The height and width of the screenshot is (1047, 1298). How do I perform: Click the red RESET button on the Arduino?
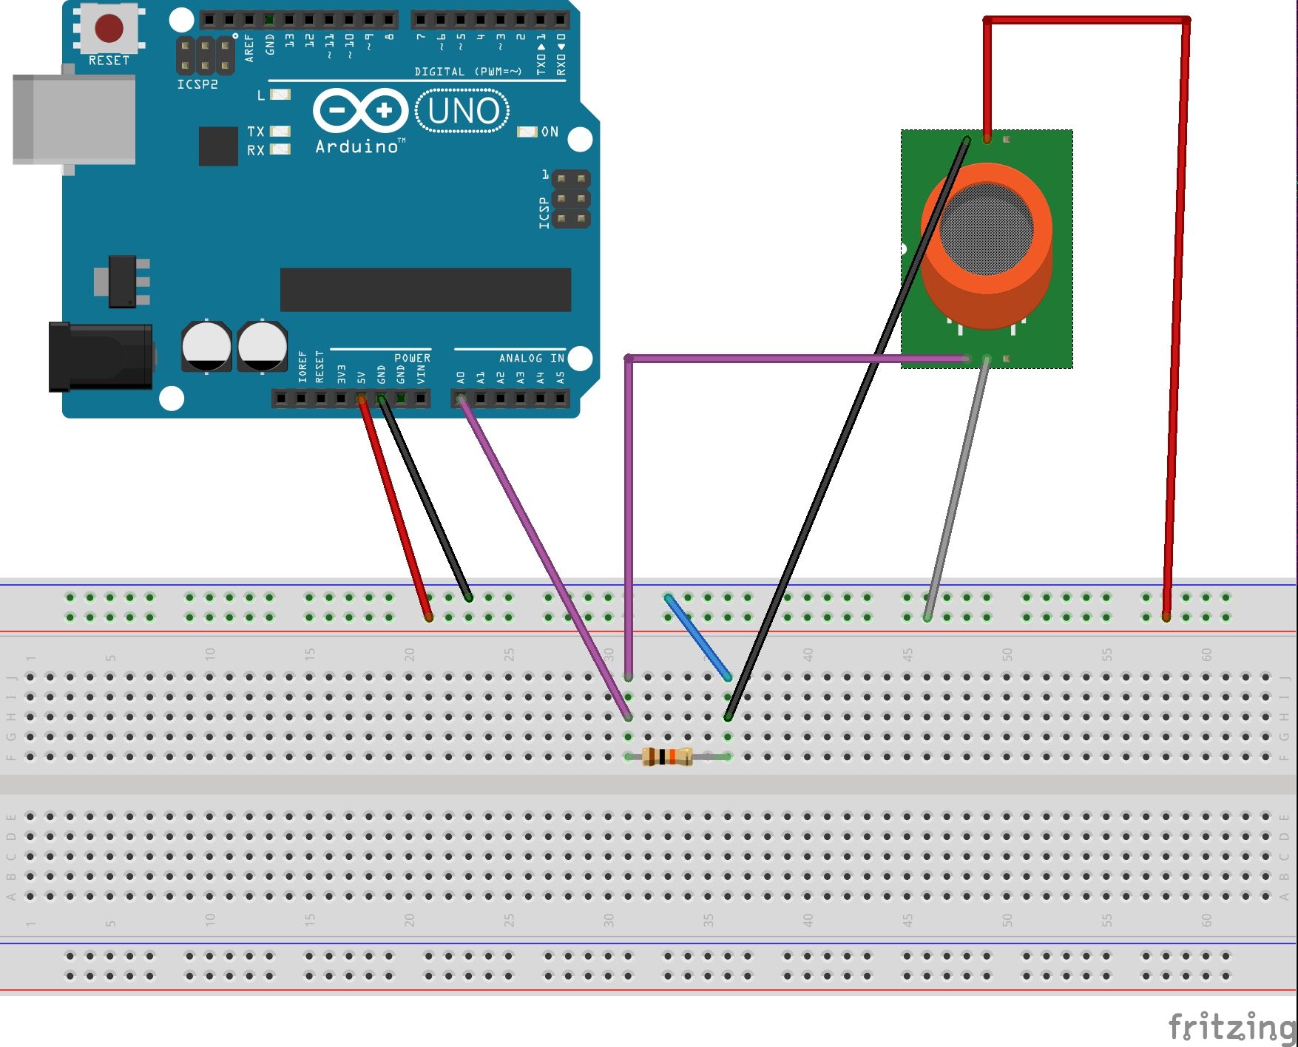[109, 28]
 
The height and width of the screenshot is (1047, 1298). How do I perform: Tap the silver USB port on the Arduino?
[74, 118]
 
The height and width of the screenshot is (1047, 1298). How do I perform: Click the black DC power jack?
[100, 356]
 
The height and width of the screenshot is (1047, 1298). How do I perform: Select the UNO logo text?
[463, 111]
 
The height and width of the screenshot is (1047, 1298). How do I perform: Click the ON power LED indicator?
[527, 132]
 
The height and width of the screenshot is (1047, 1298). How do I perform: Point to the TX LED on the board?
[280, 131]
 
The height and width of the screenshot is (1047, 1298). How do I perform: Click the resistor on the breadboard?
[667, 756]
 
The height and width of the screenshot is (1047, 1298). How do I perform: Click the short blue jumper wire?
[698, 637]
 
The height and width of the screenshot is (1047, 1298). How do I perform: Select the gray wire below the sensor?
[957, 488]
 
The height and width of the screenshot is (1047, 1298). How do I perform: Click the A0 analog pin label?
[460, 377]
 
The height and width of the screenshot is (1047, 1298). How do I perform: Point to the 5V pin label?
[361, 377]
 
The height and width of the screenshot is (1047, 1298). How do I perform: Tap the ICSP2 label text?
[197, 84]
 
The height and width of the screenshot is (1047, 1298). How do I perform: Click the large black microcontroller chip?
[425, 290]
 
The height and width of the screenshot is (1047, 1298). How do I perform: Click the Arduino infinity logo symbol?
[360, 111]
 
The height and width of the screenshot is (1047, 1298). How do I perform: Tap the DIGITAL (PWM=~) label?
[467, 72]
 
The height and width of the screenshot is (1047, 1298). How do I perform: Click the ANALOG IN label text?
[531, 358]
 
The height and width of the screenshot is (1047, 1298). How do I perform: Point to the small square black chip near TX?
[218, 146]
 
